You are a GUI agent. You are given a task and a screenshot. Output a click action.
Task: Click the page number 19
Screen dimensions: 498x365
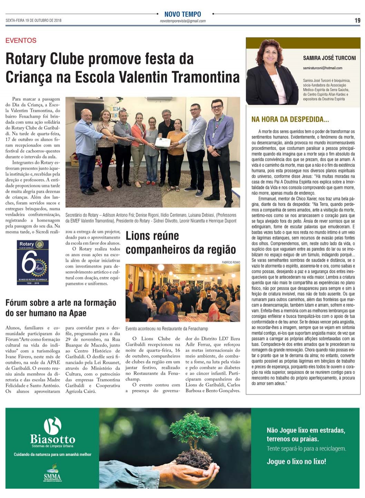pos(357,20)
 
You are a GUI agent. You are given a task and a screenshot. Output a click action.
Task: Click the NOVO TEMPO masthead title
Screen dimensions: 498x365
pos(182,14)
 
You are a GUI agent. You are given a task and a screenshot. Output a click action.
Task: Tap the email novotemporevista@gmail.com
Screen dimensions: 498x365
pos(182,21)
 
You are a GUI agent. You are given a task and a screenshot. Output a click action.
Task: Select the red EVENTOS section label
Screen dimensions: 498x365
pos(21,40)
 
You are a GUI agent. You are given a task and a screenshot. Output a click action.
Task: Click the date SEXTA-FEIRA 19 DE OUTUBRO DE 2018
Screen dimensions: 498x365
pos(33,20)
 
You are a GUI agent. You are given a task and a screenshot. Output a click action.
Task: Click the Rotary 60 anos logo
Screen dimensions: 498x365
pos(33,262)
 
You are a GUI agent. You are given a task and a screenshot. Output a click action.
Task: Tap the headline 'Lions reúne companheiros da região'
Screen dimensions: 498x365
pos(180,243)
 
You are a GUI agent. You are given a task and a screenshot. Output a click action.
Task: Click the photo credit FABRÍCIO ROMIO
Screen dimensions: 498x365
pos(231,262)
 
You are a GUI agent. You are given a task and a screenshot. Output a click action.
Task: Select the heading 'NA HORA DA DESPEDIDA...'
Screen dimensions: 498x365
pos(290,119)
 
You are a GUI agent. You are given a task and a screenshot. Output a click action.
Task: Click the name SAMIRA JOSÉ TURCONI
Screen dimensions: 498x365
pos(329,58)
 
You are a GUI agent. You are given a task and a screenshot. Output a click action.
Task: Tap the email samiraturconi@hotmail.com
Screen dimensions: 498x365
pos(323,68)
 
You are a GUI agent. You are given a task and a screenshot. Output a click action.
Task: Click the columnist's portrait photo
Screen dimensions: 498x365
pos(272,72)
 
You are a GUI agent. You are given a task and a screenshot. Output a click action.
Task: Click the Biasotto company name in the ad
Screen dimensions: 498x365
pos(52,439)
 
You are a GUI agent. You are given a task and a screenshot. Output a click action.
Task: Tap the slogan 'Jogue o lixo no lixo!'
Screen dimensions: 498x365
pos(296,461)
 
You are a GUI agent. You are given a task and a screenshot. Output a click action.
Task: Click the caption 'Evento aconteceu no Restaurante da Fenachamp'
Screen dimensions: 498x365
pos(167,329)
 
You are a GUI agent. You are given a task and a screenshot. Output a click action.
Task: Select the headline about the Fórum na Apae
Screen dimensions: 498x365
pos(61,308)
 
